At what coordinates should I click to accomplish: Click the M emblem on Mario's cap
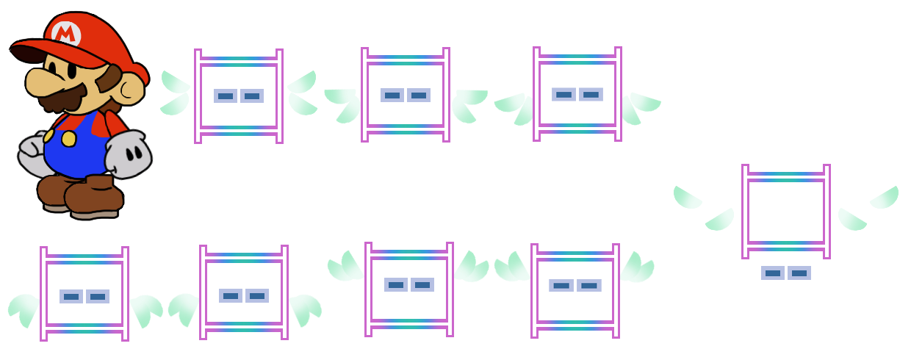pos(66,32)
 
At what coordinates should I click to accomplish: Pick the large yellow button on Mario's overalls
pos(68,139)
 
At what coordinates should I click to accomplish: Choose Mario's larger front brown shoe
pos(92,197)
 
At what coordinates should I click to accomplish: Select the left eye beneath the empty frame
pos(772,273)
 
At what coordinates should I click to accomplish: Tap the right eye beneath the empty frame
pos(799,273)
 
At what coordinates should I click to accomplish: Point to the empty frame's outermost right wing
pos(885,197)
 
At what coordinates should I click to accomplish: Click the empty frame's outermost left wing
pos(687,197)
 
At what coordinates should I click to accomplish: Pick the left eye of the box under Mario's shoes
pos(71,296)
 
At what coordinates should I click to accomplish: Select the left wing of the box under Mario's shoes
pos(24,309)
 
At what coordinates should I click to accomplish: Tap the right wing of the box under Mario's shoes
pos(146,309)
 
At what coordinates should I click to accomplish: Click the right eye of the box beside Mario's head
pos(252,96)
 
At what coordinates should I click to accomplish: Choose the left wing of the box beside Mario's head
pos(175,93)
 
